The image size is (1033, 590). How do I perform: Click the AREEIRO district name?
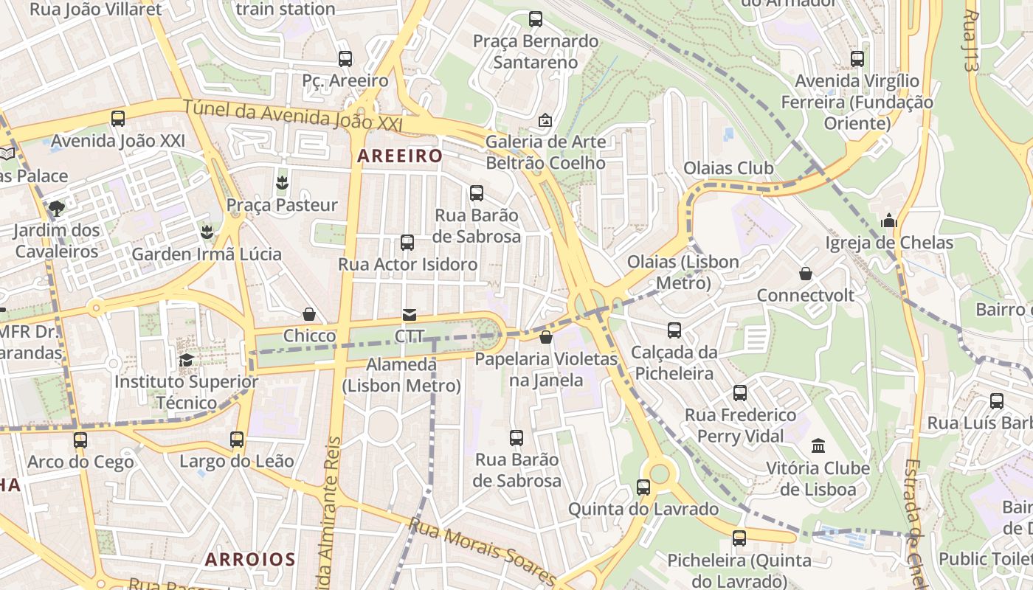400,156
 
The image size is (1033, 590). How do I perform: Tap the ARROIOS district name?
250,559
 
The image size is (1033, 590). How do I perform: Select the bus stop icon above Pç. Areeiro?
345,59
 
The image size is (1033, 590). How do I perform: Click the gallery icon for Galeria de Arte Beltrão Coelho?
545,119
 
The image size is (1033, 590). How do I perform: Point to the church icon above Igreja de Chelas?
889,221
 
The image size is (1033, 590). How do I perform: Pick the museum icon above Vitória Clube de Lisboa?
818,445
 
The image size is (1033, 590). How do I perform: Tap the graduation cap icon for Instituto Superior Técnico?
186,360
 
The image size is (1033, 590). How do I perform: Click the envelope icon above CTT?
410,315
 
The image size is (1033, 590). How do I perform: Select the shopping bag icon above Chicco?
309,315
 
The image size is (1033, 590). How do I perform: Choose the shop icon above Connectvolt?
806,274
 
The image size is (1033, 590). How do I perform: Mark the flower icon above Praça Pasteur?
281,182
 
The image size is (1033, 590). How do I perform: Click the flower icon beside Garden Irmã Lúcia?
207,232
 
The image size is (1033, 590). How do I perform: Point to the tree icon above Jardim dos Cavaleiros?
57,208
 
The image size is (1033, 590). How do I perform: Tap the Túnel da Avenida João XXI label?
293,117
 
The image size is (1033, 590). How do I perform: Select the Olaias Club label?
728,168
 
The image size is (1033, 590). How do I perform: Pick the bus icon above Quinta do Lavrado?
643,487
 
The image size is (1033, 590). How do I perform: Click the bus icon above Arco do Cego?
80,440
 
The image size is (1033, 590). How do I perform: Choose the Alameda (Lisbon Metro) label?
402,375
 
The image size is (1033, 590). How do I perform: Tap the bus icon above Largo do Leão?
237,440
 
